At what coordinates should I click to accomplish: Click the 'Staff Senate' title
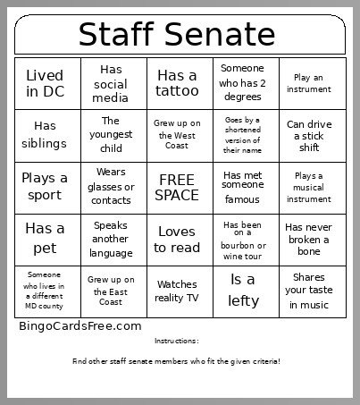click(177, 34)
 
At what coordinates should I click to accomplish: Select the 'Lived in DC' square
click(45, 83)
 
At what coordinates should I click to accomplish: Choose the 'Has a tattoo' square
click(177, 83)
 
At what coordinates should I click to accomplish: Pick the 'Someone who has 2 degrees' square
click(243, 83)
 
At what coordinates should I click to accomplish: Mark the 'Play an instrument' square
click(309, 83)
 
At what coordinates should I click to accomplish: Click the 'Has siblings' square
click(45, 135)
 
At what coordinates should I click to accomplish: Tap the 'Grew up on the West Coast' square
click(177, 135)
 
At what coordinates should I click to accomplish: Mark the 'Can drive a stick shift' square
click(309, 135)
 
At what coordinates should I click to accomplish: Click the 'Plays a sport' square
click(45, 187)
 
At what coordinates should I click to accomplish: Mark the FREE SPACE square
click(177, 187)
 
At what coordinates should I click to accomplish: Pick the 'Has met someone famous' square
click(243, 187)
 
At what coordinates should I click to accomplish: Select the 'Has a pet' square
click(45, 239)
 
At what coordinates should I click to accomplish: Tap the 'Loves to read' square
click(177, 239)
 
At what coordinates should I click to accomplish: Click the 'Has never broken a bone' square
click(309, 239)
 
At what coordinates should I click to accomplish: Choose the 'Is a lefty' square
click(243, 291)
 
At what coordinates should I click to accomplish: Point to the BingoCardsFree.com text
click(80, 326)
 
